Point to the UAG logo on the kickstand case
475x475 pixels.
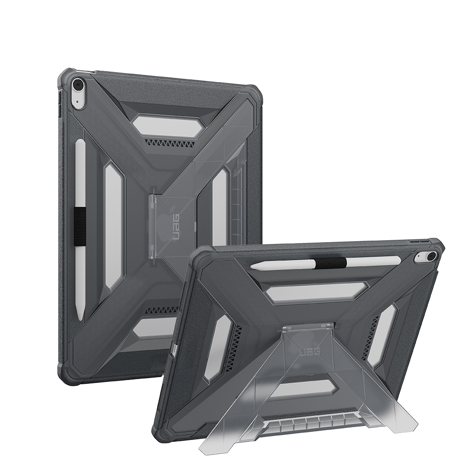310,351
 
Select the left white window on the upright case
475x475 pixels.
114,226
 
